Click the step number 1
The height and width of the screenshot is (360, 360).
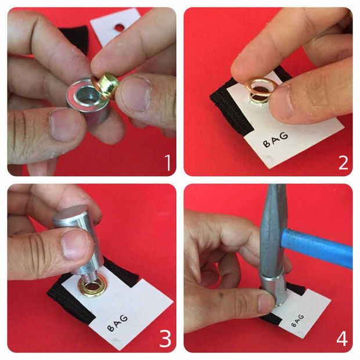[x=168, y=163]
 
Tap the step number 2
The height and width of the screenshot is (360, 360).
[x=343, y=163]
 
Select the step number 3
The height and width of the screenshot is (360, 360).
[x=165, y=339]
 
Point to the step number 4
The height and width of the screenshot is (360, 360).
[x=342, y=339]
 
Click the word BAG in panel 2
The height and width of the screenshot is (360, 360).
[x=275, y=139]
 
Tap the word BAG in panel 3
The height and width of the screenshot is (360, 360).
[x=117, y=323]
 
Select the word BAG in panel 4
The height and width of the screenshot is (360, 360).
[x=297, y=321]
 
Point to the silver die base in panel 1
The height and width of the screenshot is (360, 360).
[x=88, y=101]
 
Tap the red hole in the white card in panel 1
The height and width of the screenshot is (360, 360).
[x=120, y=27]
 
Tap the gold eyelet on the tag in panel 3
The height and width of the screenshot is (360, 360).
[x=92, y=286]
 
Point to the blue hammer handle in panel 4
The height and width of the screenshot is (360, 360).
[x=318, y=248]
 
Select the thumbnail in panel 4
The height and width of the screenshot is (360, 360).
[x=267, y=303]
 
